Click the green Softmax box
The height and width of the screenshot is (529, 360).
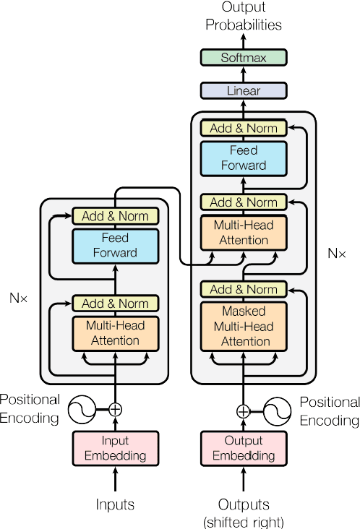click(244, 57)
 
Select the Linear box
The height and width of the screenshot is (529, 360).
click(244, 91)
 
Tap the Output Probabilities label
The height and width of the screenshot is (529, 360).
click(244, 17)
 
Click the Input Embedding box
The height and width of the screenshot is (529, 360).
click(115, 448)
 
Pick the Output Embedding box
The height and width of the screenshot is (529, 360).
click(243, 448)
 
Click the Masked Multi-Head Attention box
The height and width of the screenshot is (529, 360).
click(244, 327)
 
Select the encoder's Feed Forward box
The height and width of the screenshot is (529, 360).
click(115, 245)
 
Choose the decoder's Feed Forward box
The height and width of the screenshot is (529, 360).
click(244, 158)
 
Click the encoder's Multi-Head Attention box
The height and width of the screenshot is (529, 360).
click(115, 333)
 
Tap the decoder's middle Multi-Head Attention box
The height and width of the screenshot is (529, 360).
click(244, 233)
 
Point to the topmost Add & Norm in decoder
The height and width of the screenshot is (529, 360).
click(244, 129)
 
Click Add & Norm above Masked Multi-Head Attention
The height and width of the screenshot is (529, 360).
click(244, 289)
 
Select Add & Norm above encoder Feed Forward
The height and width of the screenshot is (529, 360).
click(115, 216)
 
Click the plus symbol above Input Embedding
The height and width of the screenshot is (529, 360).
click(115, 409)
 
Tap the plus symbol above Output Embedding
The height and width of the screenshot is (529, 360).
click(244, 411)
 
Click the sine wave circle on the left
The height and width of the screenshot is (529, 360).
click(82, 410)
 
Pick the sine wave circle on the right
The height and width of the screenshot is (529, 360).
click(277, 411)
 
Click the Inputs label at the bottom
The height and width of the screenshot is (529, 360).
click(115, 504)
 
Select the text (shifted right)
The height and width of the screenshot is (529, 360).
click(244, 521)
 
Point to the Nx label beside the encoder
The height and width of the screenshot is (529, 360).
click(19, 297)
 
